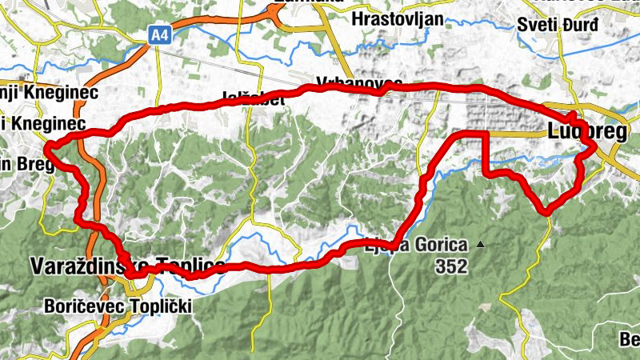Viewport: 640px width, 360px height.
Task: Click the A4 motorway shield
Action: pos(160,34)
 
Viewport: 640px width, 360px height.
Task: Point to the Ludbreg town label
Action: pos(588,132)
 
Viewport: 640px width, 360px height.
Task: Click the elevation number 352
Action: pos(451,268)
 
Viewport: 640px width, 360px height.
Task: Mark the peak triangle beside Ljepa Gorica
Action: pos(480,244)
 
